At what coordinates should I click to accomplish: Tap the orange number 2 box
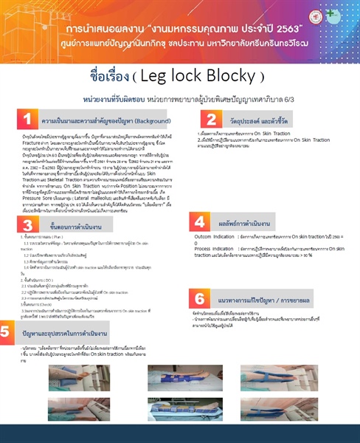(x=211, y=119)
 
